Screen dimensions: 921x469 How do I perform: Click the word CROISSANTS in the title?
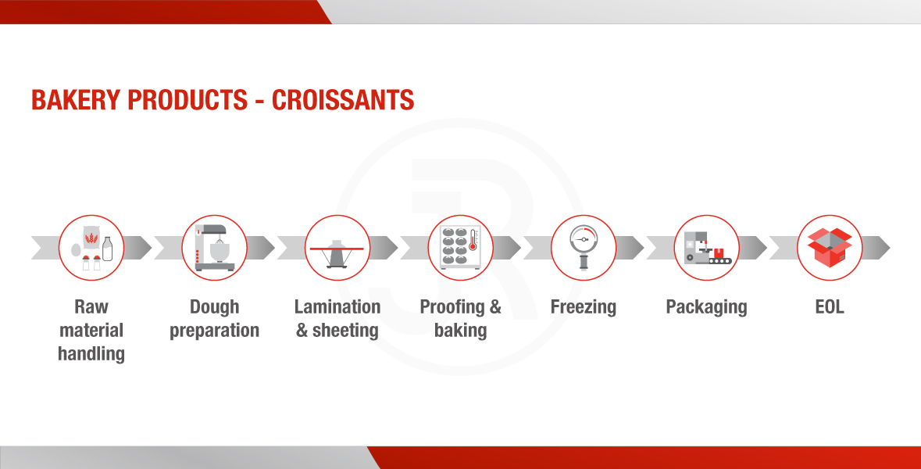click(343, 100)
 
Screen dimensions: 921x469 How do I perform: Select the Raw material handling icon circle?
click(91, 248)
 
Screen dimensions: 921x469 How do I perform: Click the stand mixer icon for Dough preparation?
click(214, 248)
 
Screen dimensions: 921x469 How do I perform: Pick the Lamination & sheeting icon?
click(337, 252)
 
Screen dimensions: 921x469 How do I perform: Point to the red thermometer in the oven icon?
click(473, 240)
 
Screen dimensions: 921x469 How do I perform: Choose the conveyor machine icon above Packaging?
click(708, 248)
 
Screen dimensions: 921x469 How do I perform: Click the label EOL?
click(830, 306)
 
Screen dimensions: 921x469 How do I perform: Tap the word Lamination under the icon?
click(337, 306)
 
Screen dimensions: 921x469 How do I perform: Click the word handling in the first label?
click(91, 354)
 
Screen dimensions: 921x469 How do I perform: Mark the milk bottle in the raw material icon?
click(108, 249)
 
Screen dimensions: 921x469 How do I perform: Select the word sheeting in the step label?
click(345, 331)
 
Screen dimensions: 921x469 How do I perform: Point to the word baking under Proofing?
click(461, 331)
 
